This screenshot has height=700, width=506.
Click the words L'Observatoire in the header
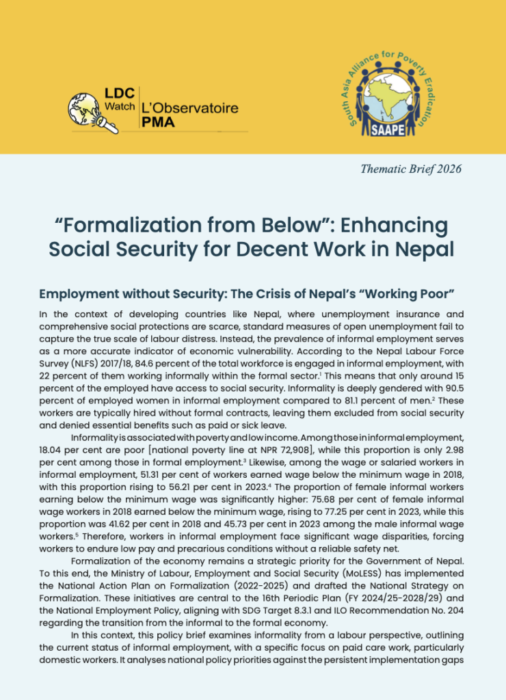click(189, 108)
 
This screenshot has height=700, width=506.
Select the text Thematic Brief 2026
click(410, 169)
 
